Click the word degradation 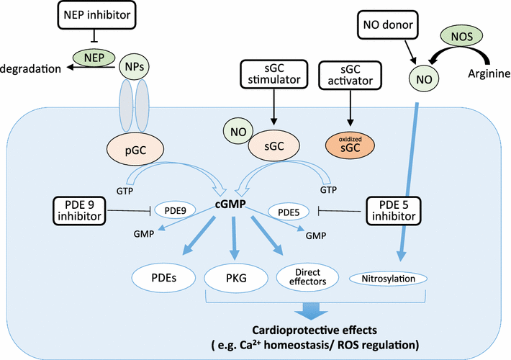click(32, 67)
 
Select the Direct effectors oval click(302, 276)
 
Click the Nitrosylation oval click(388, 276)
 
